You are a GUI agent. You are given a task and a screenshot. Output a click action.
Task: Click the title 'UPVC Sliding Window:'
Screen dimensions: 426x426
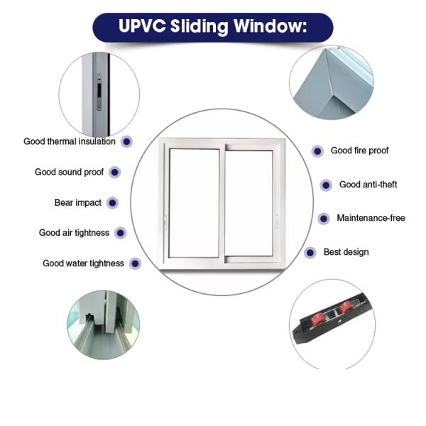pyautogui.click(x=212, y=27)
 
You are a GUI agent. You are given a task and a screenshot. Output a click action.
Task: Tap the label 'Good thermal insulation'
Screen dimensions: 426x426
pyautogui.click(x=70, y=141)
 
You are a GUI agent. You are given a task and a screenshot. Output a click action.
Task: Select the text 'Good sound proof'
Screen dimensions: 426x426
pyautogui.click(x=69, y=172)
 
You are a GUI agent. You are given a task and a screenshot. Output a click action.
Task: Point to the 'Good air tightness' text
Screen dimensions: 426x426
pyautogui.click(x=74, y=233)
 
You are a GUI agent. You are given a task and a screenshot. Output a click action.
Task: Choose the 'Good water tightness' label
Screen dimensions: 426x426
pyautogui.click(x=83, y=263)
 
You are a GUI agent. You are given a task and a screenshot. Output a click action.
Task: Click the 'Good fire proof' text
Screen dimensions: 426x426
pyautogui.click(x=359, y=151)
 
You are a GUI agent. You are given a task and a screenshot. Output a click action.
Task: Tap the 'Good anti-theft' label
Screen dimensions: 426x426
pyautogui.click(x=368, y=185)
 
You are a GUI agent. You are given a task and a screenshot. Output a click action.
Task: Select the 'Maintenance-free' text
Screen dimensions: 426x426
pyautogui.click(x=371, y=218)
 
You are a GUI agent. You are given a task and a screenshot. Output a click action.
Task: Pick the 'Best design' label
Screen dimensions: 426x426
pyautogui.click(x=346, y=252)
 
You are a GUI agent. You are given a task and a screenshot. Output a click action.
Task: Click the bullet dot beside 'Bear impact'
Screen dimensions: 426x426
pyautogui.click(x=112, y=203)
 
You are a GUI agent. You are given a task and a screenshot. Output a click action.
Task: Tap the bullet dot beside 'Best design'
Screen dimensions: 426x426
pyautogui.click(x=310, y=252)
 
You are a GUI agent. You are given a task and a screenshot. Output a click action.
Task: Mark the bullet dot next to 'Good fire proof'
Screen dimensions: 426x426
pyautogui.click(x=317, y=151)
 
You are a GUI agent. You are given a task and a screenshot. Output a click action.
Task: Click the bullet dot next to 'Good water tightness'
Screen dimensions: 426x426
pyautogui.click(x=135, y=263)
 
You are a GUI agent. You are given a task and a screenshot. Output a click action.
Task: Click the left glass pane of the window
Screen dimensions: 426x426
pyautogui.click(x=194, y=203)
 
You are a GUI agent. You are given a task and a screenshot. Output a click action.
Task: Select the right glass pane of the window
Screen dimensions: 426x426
pyautogui.click(x=249, y=203)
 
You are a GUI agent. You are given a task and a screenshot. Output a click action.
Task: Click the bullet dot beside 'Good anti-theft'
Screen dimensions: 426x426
pyautogui.click(x=326, y=185)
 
